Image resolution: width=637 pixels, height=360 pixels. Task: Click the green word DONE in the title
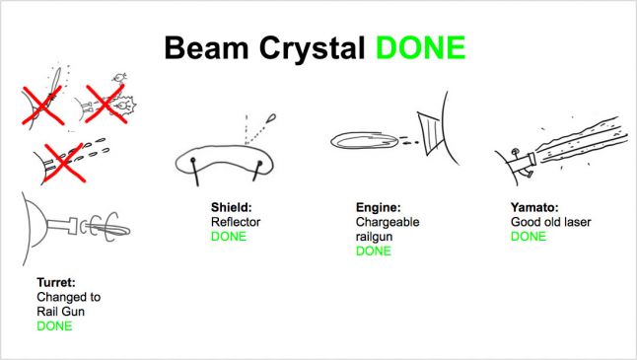pyautogui.click(x=420, y=48)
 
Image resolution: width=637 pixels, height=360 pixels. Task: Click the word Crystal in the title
pyautogui.click(x=312, y=48)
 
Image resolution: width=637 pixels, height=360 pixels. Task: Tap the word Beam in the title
pyautogui.click(x=206, y=48)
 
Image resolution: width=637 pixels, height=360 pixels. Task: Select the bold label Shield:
pyautogui.click(x=231, y=207)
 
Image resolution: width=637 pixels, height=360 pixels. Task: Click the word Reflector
pyautogui.click(x=236, y=222)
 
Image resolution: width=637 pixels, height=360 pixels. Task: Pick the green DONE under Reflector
pyautogui.click(x=229, y=237)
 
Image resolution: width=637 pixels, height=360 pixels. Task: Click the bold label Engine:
pyautogui.click(x=379, y=208)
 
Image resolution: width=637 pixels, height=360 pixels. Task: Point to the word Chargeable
pyautogui.click(x=388, y=222)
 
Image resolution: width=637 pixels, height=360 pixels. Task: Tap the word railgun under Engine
pyautogui.click(x=374, y=237)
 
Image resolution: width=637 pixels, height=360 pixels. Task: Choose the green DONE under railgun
pyautogui.click(x=374, y=252)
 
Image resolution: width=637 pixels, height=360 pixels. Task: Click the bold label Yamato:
pyautogui.click(x=534, y=207)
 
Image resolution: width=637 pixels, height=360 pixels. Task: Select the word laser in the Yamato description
pyautogui.click(x=578, y=222)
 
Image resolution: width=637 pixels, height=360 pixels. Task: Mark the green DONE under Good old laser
pyautogui.click(x=529, y=237)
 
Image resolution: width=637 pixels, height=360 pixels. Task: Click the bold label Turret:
pyautogui.click(x=56, y=282)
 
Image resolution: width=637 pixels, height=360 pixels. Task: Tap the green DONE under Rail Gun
pyautogui.click(x=54, y=325)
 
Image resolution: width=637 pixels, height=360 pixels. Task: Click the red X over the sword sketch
pyautogui.click(x=42, y=106)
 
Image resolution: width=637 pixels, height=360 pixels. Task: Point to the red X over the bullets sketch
pyautogui.click(x=64, y=163)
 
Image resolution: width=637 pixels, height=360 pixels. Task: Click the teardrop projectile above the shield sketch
pyautogui.click(x=271, y=118)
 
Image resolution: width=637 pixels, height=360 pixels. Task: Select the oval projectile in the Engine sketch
pyautogui.click(x=365, y=141)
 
